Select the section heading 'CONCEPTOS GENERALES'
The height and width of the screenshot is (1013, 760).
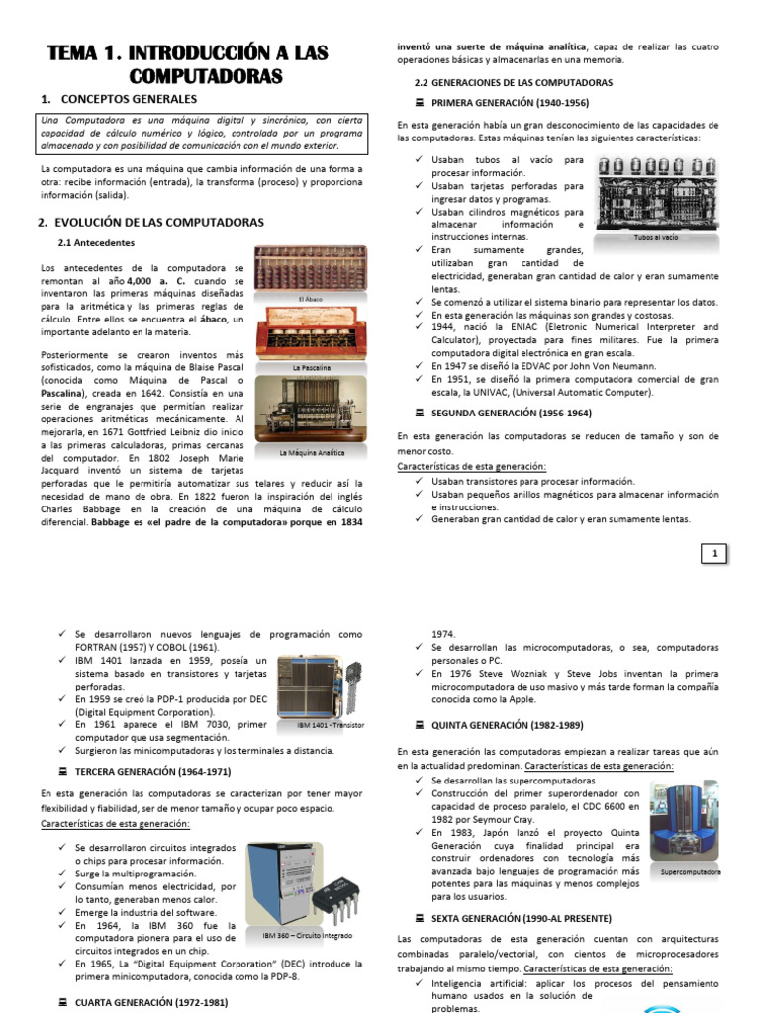click(129, 99)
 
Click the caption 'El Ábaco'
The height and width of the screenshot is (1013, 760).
click(311, 298)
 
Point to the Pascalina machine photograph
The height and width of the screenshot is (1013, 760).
click(311, 333)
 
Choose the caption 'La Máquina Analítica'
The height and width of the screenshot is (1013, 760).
click(311, 453)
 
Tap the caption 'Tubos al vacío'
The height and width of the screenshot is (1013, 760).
click(656, 237)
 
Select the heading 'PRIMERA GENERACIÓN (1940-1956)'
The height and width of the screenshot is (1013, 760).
click(511, 102)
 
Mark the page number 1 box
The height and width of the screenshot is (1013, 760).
click(713, 554)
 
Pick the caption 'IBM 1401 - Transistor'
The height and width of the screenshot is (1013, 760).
click(331, 725)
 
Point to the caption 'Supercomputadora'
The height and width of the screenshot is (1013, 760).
click(691, 872)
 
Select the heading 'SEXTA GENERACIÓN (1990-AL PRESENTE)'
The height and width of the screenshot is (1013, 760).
click(522, 918)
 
